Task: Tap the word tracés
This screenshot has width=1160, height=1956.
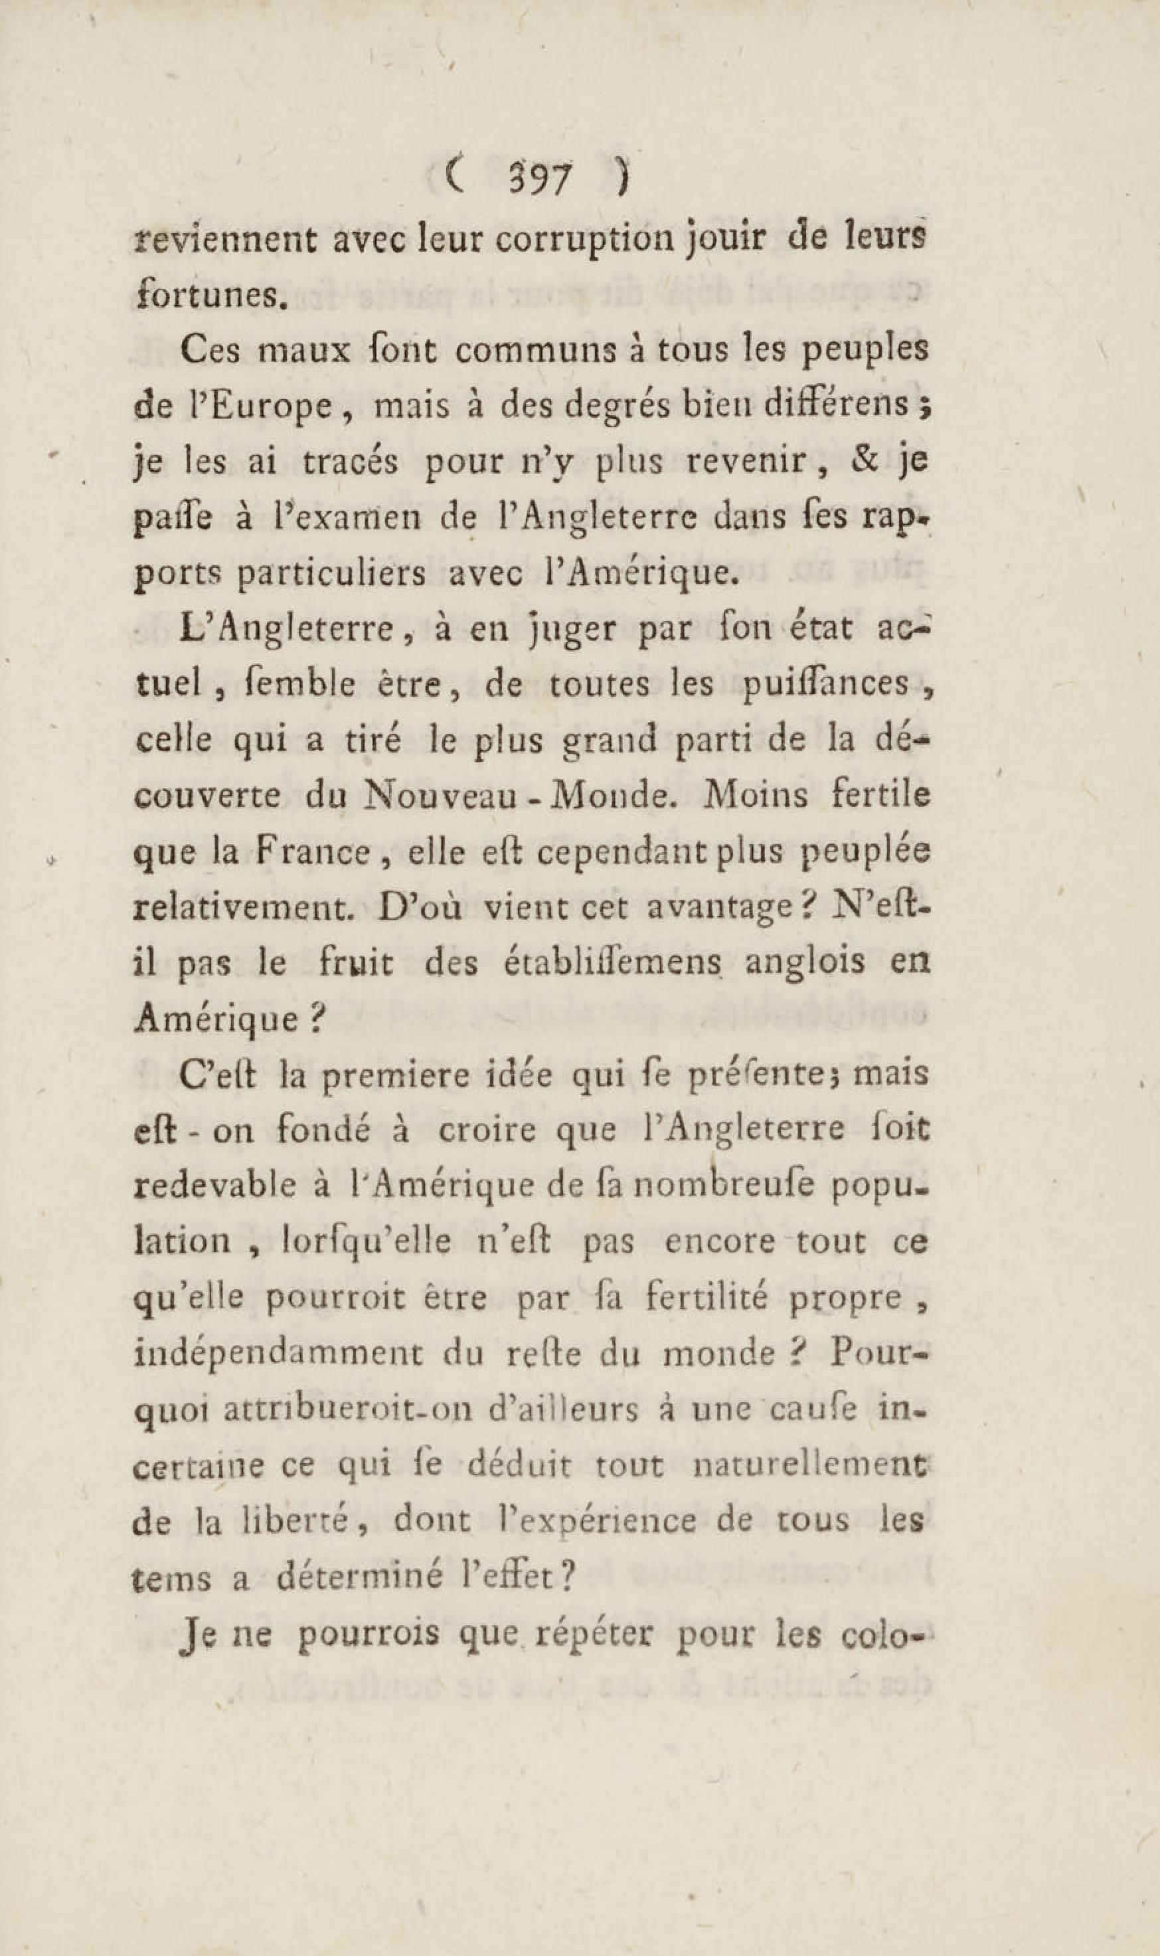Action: [x=352, y=462]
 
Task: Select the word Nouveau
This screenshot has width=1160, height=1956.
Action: [x=438, y=796]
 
